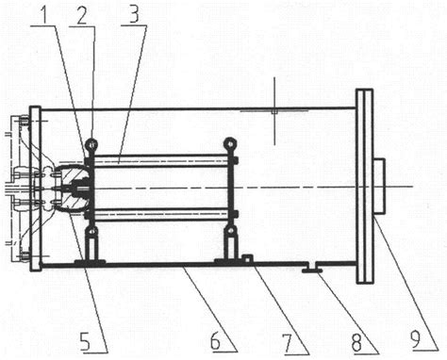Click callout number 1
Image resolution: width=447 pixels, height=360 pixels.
tap(46, 13)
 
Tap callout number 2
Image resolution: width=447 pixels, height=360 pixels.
tap(82, 14)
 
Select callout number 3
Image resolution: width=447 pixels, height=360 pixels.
tap(134, 13)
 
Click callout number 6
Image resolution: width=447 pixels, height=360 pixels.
tap(215, 340)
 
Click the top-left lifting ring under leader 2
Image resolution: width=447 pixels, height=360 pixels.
tap(91, 144)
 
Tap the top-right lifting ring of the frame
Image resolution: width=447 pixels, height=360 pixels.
tap(230, 144)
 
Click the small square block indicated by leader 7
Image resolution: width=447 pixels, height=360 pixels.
tap(248, 259)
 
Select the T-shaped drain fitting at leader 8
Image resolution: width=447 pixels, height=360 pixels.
tap(311, 268)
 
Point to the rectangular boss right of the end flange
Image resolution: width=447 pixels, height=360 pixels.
tap(379, 187)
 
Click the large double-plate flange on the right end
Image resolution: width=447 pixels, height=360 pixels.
tap(364, 187)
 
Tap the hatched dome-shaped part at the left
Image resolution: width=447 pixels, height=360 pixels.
tap(74, 188)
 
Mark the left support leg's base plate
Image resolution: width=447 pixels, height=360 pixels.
tap(90, 262)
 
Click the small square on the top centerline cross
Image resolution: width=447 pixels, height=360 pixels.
tap(274, 111)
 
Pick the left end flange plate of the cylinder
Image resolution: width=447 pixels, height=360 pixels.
tap(35, 188)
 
